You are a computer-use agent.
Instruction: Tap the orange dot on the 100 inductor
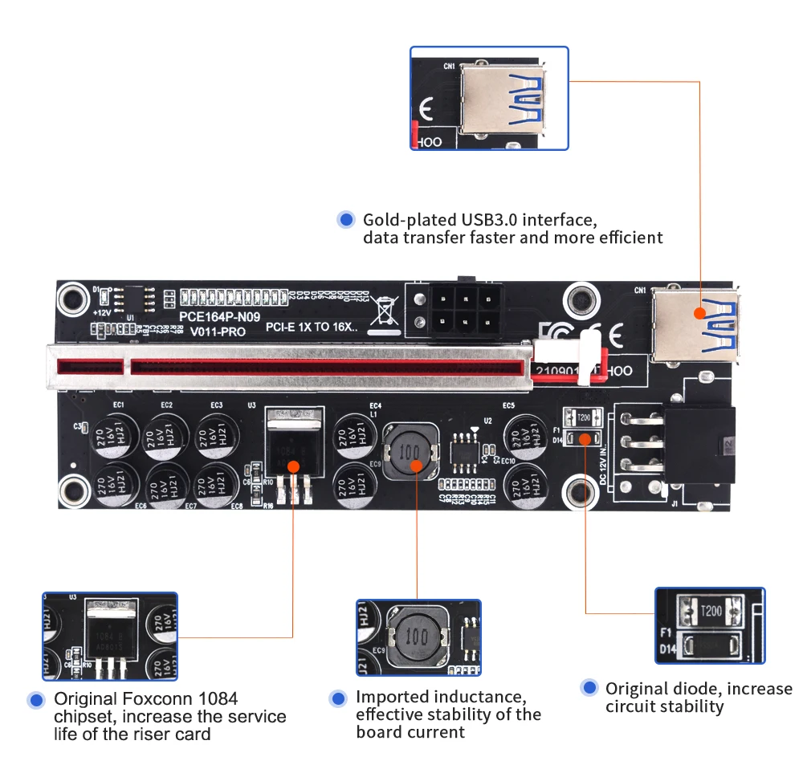click(x=417, y=465)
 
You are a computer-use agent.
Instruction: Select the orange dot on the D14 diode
click(x=585, y=439)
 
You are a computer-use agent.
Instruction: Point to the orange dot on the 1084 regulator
click(x=294, y=466)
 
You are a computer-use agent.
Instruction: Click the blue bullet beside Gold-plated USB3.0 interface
click(x=346, y=219)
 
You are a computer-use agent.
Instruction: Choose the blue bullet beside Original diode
click(x=590, y=688)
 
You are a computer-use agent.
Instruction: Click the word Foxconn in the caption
click(x=145, y=698)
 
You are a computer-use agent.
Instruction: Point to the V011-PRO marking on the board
click(x=213, y=331)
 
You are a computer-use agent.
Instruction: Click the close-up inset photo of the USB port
click(x=489, y=98)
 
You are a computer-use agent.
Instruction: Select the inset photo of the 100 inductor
click(x=418, y=638)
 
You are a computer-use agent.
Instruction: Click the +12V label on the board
click(x=101, y=311)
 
